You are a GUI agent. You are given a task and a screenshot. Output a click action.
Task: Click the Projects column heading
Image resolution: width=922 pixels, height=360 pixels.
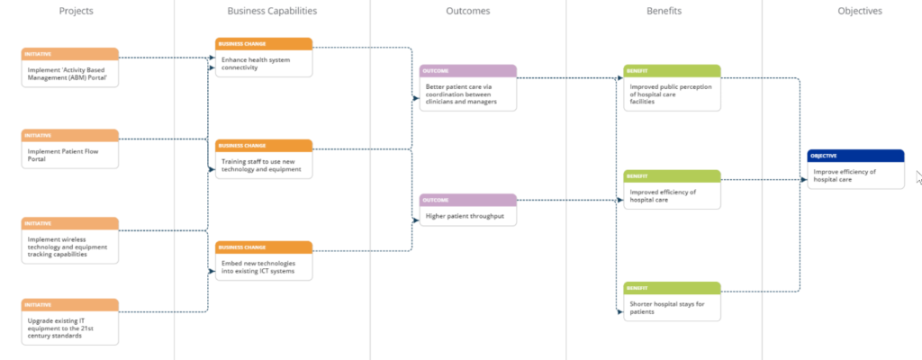coord(76,11)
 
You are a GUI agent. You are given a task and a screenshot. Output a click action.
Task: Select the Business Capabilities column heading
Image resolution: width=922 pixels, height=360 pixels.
coord(272,11)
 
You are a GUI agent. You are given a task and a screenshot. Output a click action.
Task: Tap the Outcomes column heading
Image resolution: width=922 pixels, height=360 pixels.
coord(468,11)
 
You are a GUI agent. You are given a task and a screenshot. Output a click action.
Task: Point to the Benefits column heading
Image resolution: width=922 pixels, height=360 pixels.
coord(664,11)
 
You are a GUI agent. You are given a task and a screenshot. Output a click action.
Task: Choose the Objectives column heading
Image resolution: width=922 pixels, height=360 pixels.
coord(859,11)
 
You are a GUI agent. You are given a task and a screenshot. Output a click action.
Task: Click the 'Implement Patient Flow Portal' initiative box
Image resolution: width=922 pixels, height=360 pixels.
coord(70,153)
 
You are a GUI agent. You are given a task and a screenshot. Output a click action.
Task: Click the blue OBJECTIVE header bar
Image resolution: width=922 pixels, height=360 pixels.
coord(855,156)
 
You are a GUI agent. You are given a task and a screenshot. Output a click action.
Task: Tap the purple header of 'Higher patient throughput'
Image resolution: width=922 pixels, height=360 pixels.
coord(468,200)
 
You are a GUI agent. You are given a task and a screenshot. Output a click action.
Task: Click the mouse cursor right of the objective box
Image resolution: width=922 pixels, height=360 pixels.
coord(917,176)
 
